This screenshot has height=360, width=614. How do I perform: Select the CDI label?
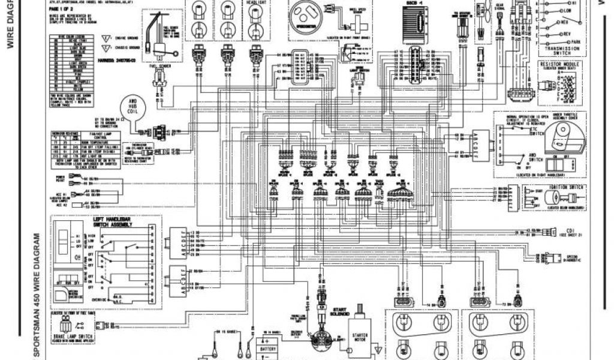(x=570, y=230)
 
